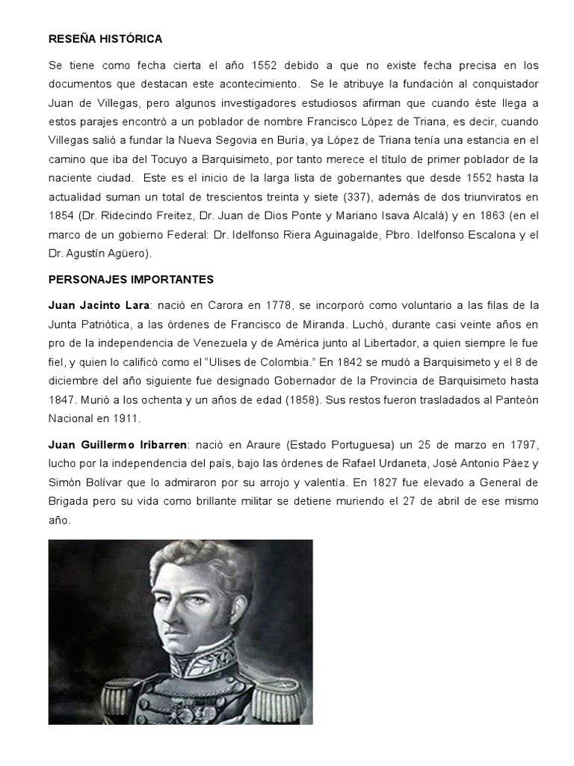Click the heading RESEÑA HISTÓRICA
click(x=105, y=38)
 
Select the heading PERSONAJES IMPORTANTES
click(x=131, y=279)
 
